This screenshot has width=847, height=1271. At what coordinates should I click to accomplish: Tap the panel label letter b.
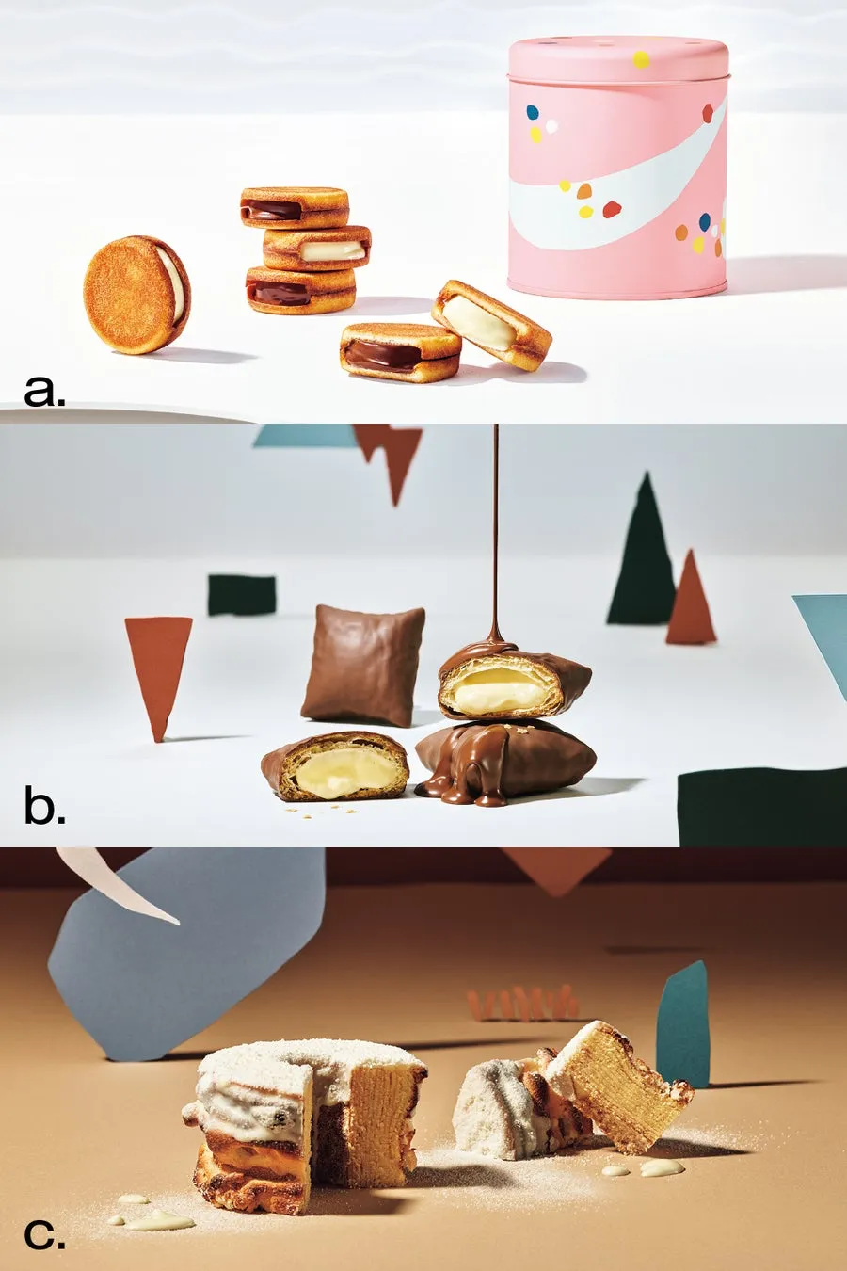point(44,808)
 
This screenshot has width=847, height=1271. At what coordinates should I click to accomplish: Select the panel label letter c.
point(44,1234)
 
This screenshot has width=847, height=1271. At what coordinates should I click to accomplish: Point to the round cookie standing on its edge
point(136,295)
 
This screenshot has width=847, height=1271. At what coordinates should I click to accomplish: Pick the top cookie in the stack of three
point(295,208)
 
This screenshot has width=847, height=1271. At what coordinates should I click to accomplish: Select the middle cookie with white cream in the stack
point(316,248)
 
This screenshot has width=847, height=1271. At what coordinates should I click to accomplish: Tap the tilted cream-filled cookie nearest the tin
point(491,324)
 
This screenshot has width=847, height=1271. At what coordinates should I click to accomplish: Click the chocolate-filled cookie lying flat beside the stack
point(400,351)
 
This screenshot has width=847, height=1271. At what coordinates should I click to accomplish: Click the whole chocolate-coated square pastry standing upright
point(363,665)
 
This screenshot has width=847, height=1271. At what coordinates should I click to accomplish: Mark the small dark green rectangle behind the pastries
point(242,595)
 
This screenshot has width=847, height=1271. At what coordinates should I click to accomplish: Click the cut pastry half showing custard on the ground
point(335,766)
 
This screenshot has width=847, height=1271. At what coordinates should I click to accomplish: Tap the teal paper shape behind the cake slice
point(683,1022)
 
